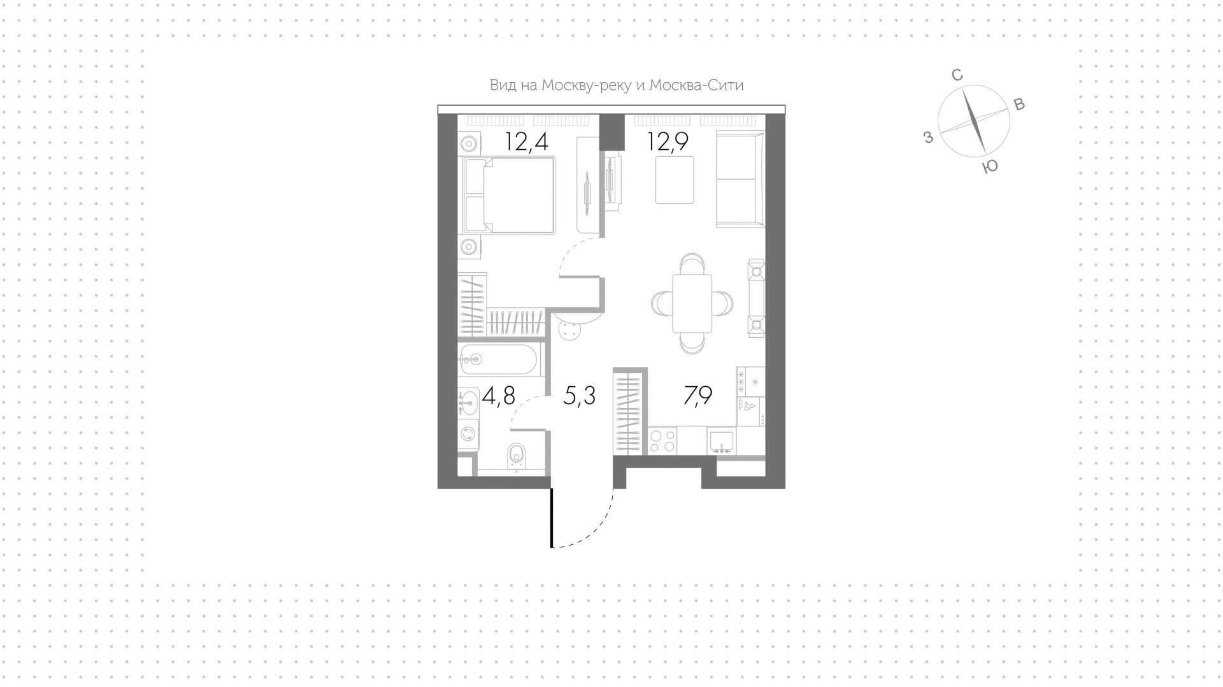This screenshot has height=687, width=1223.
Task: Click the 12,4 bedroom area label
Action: (526, 141)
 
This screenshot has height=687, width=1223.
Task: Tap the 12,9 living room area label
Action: (668, 141)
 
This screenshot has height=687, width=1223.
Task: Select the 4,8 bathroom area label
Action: (498, 396)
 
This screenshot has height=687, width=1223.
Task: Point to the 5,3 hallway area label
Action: (580, 396)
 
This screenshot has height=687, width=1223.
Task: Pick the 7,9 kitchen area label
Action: (697, 396)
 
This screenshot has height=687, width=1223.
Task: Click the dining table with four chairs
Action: (692, 303)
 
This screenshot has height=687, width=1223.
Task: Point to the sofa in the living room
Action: (740, 179)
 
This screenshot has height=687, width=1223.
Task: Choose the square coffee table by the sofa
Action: (675, 180)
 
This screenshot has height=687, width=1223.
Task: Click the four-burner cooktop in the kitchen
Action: (663, 441)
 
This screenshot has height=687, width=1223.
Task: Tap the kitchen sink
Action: (721, 441)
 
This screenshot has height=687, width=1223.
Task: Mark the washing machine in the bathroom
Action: (468, 434)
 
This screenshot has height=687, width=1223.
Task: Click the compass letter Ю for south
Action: (990, 167)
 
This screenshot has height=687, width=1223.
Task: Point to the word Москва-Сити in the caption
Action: (696, 85)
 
